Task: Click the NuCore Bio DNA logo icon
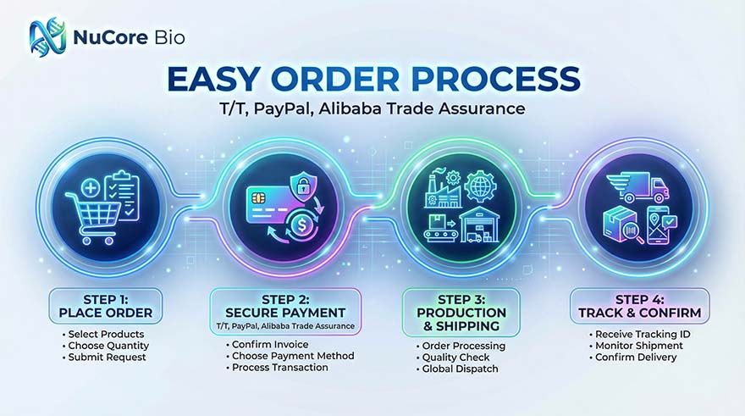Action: coord(47,36)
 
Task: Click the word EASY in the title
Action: coord(213,79)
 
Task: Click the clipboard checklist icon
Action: coord(122,196)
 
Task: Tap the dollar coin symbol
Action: coord(302,225)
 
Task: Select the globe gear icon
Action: coord(480,186)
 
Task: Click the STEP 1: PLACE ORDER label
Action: coord(106,306)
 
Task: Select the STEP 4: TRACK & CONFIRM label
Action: coord(639,306)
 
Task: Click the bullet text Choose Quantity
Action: coord(106,346)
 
